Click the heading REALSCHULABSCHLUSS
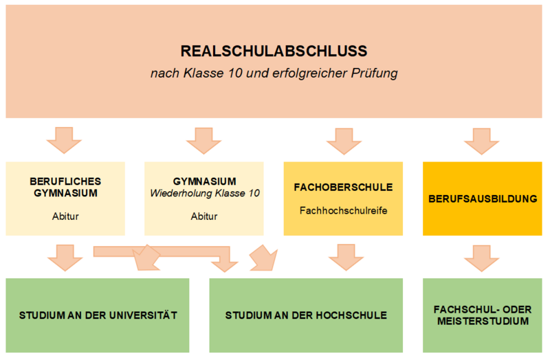click(x=274, y=51)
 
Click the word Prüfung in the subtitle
click(x=375, y=73)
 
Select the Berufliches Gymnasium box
click(x=65, y=199)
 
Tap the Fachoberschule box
click(x=343, y=199)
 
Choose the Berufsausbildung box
click(x=482, y=199)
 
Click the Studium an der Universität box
click(x=98, y=315)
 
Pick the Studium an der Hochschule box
click(x=306, y=315)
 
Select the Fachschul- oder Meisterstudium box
click(x=482, y=315)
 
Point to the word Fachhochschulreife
click(x=343, y=210)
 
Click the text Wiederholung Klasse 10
click(x=204, y=193)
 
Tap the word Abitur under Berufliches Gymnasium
click(x=65, y=216)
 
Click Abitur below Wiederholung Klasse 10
click(x=204, y=216)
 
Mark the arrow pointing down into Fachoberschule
click(x=343, y=140)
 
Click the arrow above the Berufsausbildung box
click(x=482, y=140)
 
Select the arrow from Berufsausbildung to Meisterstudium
click(x=482, y=257)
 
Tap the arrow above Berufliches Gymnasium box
click(x=64, y=140)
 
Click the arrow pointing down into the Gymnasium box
click(x=204, y=140)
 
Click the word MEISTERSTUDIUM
click(x=482, y=322)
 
